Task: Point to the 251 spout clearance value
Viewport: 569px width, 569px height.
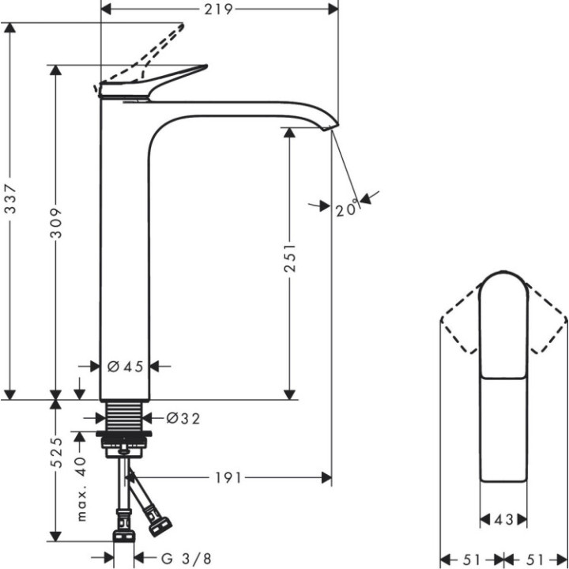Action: pyautogui.click(x=290, y=258)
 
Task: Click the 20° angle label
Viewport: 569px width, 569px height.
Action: pyautogui.click(x=346, y=209)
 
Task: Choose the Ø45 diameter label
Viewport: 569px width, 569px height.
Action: pyautogui.click(x=125, y=366)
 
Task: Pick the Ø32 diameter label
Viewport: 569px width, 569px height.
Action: pyautogui.click(x=183, y=418)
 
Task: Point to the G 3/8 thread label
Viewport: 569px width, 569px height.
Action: pyautogui.click(x=187, y=559)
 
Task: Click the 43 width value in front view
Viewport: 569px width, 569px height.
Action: pyautogui.click(x=504, y=519)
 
